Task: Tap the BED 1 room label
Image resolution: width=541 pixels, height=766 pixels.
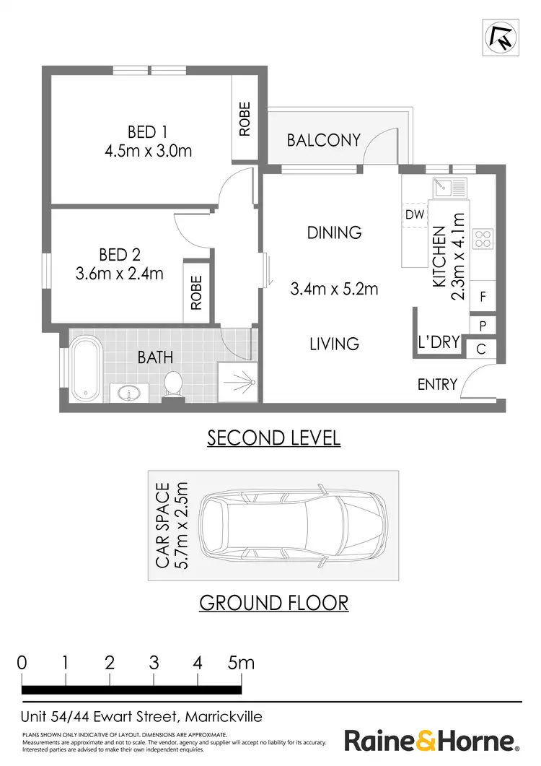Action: tap(147, 132)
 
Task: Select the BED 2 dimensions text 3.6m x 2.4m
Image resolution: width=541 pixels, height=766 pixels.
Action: tap(119, 274)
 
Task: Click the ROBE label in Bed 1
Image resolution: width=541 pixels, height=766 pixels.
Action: tap(245, 119)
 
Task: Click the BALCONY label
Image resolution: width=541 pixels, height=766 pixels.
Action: tap(323, 140)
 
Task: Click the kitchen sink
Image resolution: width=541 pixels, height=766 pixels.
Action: tap(449, 188)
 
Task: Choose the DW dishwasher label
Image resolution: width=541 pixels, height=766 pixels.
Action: tap(414, 214)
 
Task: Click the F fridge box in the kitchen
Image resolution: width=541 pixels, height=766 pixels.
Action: tap(483, 297)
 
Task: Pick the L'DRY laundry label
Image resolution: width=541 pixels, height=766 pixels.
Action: tap(439, 342)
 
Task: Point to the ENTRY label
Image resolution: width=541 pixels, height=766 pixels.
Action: tap(437, 384)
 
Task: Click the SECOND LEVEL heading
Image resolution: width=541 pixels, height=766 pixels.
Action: tap(273, 438)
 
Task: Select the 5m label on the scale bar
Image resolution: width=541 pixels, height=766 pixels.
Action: tap(241, 662)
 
